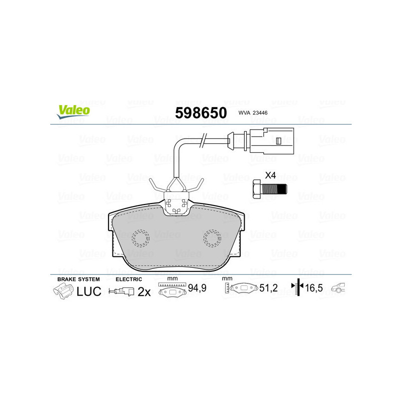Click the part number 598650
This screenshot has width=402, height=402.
pyautogui.click(x=200, y=113)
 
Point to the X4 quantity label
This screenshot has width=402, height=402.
pyautogui.click(x=270, y=175)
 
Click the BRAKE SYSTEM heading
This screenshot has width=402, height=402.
pyautogui.click(x=78, y=279)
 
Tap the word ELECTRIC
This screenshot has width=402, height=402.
pyautogui.click(x=129, y=279)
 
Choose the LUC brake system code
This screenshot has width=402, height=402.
pyautogui.click(x=89, y=291)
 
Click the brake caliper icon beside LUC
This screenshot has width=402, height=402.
pyautogui.click(x=63, y=291)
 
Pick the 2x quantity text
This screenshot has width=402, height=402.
pyautogui.click(x=145, y=291)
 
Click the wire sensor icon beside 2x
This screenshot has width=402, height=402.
pyautogui.click(x=122, y=291)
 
